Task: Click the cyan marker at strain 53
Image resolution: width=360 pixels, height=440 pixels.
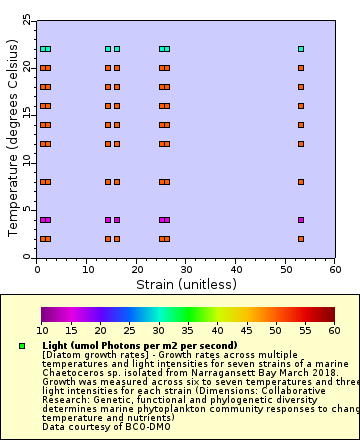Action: pos(301,49)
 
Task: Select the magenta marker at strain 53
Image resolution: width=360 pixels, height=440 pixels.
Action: pos(301,220)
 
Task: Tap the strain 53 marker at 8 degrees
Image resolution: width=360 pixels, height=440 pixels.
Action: pos(301,182)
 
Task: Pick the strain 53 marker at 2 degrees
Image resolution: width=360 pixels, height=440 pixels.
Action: pos(301,239)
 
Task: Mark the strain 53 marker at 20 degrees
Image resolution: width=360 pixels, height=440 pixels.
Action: pos(301,68)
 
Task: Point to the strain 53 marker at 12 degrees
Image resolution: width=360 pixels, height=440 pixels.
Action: pos(301,144)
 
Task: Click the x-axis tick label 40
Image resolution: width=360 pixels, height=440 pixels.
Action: pos(234,269)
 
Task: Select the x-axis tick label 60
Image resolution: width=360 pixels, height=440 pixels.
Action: pos(332,269)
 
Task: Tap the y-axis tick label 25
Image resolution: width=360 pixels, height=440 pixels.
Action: pos(27,20)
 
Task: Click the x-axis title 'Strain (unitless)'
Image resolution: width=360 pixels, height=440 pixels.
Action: pos(186,284)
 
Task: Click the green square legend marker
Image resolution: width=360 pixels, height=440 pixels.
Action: pos(21,346)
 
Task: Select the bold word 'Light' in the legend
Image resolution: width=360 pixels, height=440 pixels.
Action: pos(58,345)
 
